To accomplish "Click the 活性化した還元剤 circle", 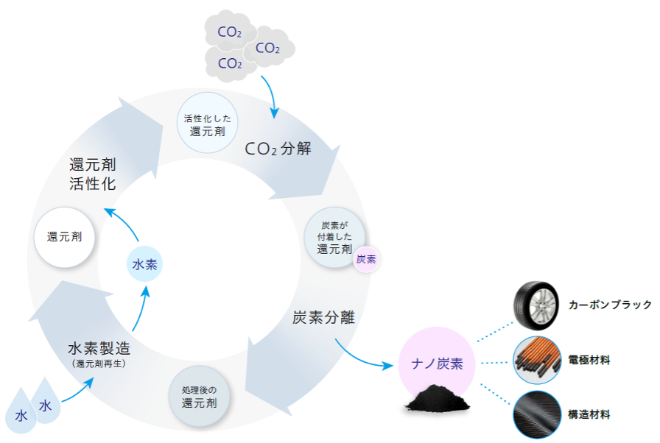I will click(207, 121).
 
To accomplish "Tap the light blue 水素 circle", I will click(144, 263).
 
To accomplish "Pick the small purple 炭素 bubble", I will click(365, 259).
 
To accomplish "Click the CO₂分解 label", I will click(278, 149).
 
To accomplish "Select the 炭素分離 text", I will click(323, 318).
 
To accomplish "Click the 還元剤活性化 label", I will click(92, 174).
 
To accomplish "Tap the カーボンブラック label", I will click(610, 304).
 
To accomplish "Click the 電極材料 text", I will click(589, 360).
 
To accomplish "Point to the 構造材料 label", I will click(589, 415).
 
